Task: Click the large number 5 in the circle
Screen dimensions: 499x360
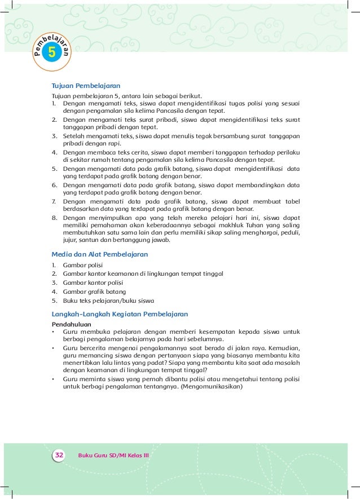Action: click(x=52, y=54)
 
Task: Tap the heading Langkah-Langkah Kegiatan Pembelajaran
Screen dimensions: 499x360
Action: click(x=120, y=313)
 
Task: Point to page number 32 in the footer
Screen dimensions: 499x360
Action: click(x=59, y=454)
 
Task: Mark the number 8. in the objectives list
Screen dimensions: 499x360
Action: click(x=54, y=217)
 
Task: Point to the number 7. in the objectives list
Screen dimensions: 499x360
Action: click(x=54, y=200)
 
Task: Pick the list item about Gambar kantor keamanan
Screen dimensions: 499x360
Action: click(x=143, y=273)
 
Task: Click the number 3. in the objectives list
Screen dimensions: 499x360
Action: click(x=54, y=136)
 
